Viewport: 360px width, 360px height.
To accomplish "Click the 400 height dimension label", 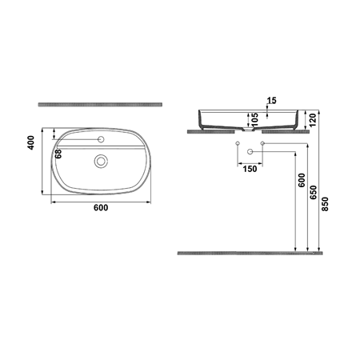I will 31,142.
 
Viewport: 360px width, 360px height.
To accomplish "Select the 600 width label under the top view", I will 101,207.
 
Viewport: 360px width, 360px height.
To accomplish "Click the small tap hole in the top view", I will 101,140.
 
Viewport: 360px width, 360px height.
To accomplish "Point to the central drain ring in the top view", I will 101,161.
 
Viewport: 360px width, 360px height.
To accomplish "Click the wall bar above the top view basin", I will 101,105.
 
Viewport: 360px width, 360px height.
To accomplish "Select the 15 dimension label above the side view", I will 271,100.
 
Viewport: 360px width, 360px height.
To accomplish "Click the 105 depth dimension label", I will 254,119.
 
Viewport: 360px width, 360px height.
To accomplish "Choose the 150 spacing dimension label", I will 250,169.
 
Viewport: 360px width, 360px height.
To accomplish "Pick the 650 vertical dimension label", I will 314,192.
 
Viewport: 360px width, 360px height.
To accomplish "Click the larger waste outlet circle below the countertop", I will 250,152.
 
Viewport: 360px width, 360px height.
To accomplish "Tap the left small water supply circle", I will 238,144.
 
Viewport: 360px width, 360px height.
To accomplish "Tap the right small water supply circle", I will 262,144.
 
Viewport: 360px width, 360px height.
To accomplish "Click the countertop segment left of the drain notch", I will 212,130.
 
